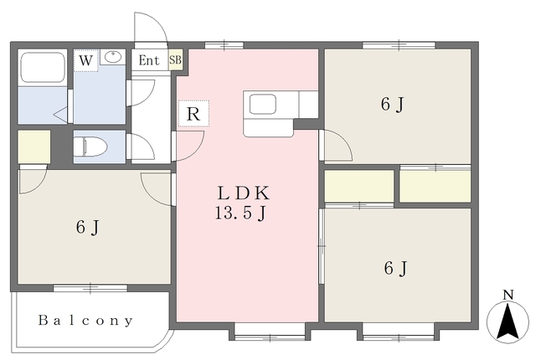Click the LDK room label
pyautogui.click(x=244, y=193)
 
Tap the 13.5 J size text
pyautogui.click(x=240, y=213)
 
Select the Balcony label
pyautogui.click(x=85, y=321)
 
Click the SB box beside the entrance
pyautogui.click(x=175, y=60)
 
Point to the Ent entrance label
pyautogui.click(x=149, y=60)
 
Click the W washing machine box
pyautogui.click(x=85, y=60)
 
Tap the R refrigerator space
pyautogui.click(x=193, y=114)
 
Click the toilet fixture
pyautogui.click(x=90, y=147)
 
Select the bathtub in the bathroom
pyautogui.click(x=43, y=67)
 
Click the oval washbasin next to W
pyautogui.click(x=113, y=57)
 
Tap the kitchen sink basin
pyautogui.click(x=262, y=104)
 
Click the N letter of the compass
pyautogui.click(x=509, y=295)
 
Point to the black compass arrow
pyautogui.click(x=508, y=321)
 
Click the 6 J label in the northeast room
pyautogui.click(x=393, y=104)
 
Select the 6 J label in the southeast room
pyautogui.click(x=395, y=268)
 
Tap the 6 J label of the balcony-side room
pyautogui.click(x=87, y=227)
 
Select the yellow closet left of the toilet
pyautogui.click(x=34, y=147)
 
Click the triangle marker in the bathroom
pyautogui.click(x=61, y=114)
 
